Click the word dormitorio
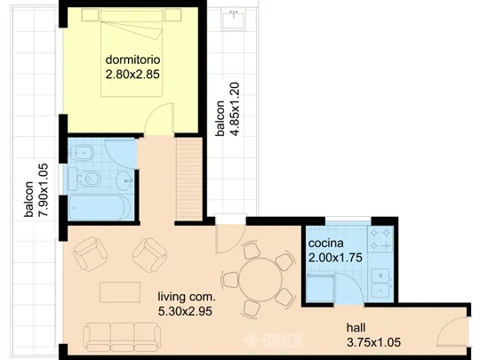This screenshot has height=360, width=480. [x=132, y=60]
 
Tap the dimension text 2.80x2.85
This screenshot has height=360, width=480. [x=132, y=74]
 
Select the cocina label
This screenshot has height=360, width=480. [x=325, y=244]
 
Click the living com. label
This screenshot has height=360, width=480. [x=187, y=297]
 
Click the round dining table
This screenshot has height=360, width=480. [x=260, y=279]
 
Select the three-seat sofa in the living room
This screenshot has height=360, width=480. [x=122, y=336]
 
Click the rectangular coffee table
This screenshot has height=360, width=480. [x=120, y=292]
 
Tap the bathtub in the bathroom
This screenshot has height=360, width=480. [x=100, y=208]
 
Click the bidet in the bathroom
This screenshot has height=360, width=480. [x=81, y=153]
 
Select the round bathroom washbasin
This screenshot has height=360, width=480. [x=125, y=181]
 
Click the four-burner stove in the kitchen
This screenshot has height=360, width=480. [x=380, y=239]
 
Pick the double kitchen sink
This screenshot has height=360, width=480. [x=380, y=284]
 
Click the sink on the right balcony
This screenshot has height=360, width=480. [x=234, y=19]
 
